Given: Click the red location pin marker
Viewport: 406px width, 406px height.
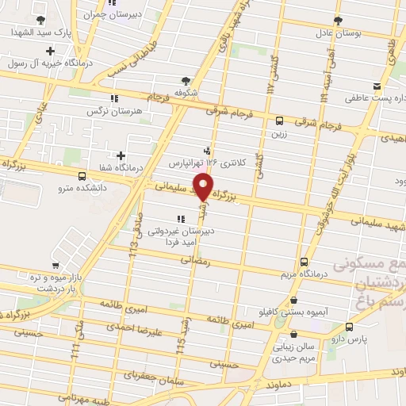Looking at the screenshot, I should point(204,188).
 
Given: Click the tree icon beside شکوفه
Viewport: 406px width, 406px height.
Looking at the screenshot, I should point(186,80).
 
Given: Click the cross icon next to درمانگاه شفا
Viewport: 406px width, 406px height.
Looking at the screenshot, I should point(121,155).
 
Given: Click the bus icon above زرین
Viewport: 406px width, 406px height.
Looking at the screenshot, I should point(279,121).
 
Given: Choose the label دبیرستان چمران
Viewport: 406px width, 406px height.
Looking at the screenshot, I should point(119,13).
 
